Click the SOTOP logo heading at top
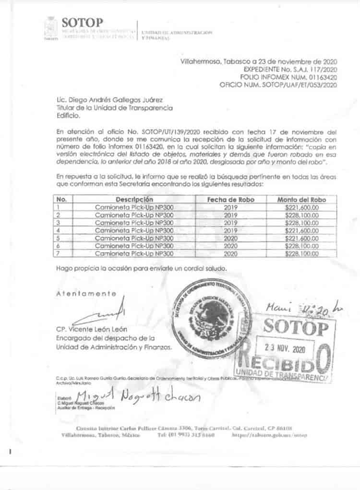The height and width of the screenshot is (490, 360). [x=82, y=23]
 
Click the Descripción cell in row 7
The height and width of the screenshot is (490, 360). [x=134, y=253]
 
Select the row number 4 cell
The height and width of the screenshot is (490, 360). [x=61, y=230]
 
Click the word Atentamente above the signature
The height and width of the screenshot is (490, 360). [x=86, y=293]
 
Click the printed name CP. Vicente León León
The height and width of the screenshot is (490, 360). [x=91, y=330]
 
